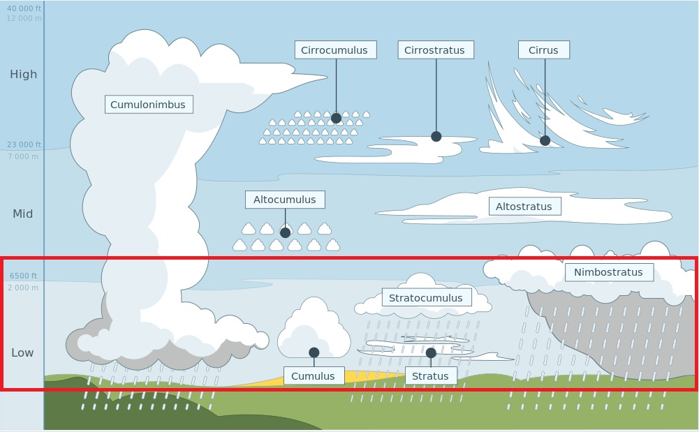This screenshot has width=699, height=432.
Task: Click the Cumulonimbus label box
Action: pos(148,105)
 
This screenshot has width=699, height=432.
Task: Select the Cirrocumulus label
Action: pos(335,50)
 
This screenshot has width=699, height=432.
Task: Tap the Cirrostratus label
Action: pos(436,50)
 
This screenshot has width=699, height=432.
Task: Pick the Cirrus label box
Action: pos(543,50)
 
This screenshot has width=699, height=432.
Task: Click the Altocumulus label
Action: pos(284,200)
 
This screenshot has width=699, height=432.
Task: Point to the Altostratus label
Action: pos(524,207)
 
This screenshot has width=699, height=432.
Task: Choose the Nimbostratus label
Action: pos(608,272)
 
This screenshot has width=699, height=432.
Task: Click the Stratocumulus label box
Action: pos(426,298)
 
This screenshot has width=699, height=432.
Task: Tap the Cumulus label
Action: pos(313,376)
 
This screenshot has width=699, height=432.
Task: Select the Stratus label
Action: pos(430,376)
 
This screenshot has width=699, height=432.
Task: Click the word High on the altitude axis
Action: pos(23,74)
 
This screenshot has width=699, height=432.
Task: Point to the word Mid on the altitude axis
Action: pos(23,214)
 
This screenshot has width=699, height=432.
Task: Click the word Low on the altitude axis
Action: pos(22,352)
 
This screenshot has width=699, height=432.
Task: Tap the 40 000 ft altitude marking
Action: pos(24,8)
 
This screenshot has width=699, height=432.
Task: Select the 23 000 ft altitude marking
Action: pos(24,144)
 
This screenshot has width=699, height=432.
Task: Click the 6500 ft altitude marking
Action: pos(24,276)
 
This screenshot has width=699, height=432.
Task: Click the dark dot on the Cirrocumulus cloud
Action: pos(336,118)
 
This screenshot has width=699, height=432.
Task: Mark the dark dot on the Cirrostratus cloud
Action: pos(436,136)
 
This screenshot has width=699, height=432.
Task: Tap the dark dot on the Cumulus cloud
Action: pos(314,352)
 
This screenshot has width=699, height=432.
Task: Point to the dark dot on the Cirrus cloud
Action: pos(545,140)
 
